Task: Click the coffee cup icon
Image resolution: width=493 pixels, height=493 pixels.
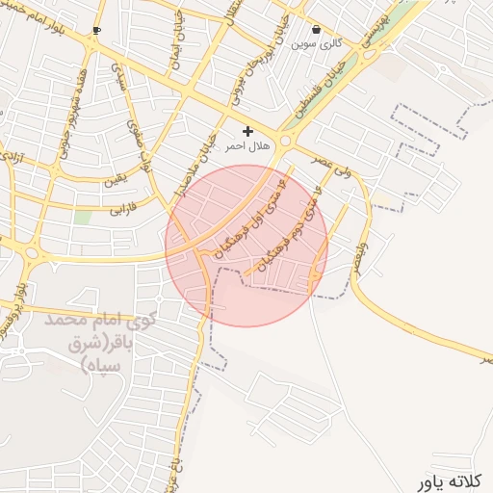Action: (96, 31)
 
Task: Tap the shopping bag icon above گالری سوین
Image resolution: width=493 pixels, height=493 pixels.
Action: (317, 30)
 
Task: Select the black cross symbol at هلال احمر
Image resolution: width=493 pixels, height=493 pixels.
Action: (248, 131)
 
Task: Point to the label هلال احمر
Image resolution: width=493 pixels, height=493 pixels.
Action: (243, 147)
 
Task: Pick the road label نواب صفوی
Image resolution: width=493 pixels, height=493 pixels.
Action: (139, 135)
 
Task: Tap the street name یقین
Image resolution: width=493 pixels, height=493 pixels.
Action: (115, 180)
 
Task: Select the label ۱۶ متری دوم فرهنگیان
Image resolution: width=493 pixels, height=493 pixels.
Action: (287, 234)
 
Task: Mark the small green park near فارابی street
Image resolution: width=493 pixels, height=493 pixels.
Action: (84, 218)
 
